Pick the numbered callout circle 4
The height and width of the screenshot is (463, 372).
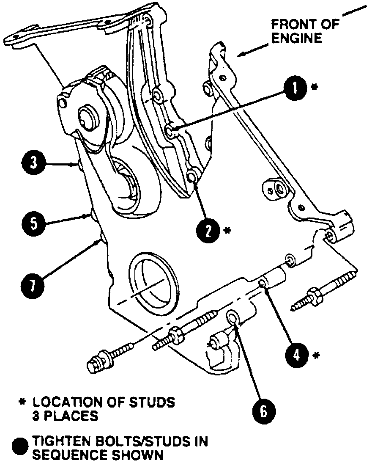pos(297,353)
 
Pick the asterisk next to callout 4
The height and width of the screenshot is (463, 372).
pos(316,355)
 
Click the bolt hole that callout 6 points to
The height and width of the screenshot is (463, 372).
pos(232,315)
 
